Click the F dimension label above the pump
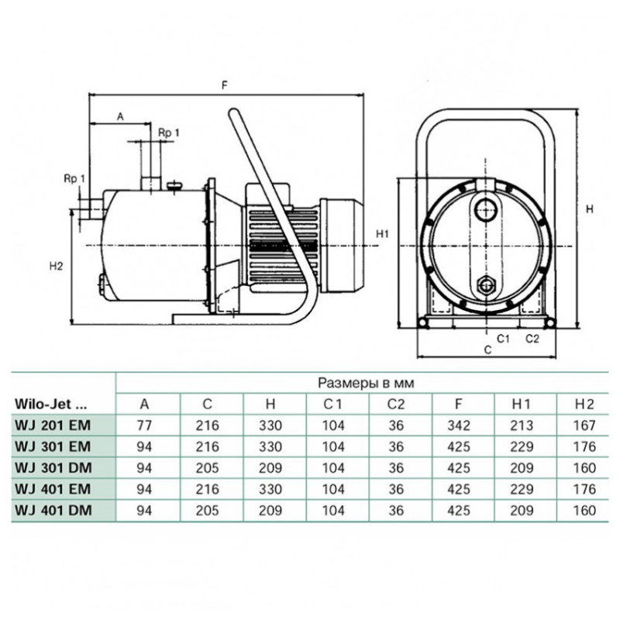(225, 85)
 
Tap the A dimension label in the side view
(121, 117)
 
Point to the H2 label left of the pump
(56, 266)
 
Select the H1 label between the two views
(382, 234)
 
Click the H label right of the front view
(590, 209)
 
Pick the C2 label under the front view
(532, 339)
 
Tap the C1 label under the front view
(503, 339)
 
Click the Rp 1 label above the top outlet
(169, 133)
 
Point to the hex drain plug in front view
(485, 285)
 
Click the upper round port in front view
(485, 209)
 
